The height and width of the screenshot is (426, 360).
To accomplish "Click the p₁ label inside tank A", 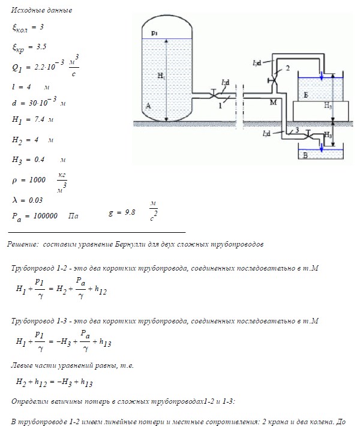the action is tap(154, 33).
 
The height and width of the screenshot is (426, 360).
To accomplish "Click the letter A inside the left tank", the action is tap(148, 106).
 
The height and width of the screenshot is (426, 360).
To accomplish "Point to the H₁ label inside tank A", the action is tap(161, 76).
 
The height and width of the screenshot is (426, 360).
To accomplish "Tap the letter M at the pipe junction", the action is tap(274, 103).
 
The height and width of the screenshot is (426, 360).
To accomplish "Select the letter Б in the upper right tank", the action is tap(306, 95).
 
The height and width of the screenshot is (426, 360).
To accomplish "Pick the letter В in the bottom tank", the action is tap(305, 155).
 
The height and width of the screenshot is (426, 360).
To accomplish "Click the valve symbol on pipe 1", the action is tap(214, 94).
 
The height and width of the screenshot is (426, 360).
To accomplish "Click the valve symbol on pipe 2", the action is tap(274, 80).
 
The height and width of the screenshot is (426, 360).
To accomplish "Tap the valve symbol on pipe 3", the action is tap(308, 135).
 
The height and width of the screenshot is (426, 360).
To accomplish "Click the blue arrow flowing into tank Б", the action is tap(322, 76).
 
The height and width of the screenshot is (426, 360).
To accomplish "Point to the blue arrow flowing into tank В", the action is tap(322, 148).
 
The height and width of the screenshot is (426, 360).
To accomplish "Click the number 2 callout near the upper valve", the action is tap(288, 68).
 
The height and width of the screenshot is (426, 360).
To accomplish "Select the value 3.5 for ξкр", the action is tap(41, 47).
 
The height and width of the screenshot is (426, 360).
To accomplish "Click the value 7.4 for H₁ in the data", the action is tap(40, 119).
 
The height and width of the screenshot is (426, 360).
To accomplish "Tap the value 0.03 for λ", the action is tap(35, 200).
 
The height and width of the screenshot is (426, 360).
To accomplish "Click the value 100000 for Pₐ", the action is tap(46, 216).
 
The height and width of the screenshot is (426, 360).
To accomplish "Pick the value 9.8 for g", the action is tap(130, 212).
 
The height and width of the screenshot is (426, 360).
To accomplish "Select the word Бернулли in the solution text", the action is tap(130, 244).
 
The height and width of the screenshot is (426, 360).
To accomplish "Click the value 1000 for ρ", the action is tap(37, 180).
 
